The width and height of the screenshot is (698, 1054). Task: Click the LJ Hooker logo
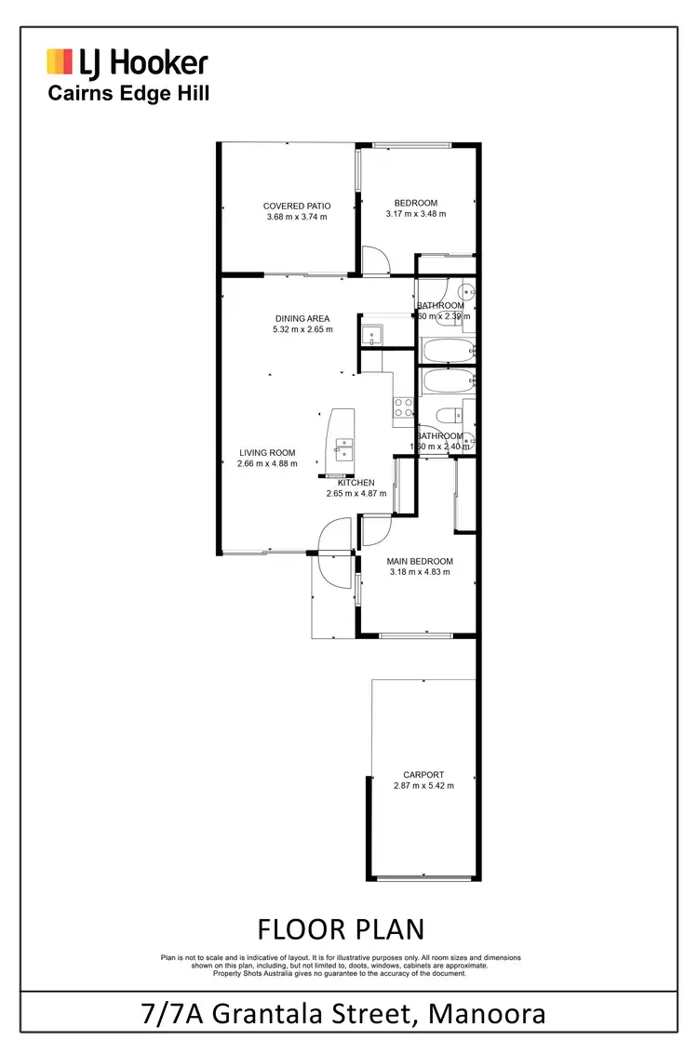128,62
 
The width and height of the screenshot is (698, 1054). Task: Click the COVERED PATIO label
297,206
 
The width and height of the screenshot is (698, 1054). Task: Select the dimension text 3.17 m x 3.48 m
416,214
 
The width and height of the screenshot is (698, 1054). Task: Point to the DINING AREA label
302,319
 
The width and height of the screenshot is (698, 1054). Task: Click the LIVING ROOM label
266,453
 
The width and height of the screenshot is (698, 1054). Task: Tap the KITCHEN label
356,483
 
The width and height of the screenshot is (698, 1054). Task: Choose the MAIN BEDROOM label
420,561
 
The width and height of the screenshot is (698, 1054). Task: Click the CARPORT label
423,774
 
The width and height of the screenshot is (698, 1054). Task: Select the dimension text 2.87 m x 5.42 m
423,786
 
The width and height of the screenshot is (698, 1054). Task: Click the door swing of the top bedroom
374,260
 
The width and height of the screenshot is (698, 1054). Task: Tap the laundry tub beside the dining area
372,333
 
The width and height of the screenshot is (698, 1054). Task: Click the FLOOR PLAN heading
340,929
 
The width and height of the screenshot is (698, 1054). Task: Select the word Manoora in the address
487,1013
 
